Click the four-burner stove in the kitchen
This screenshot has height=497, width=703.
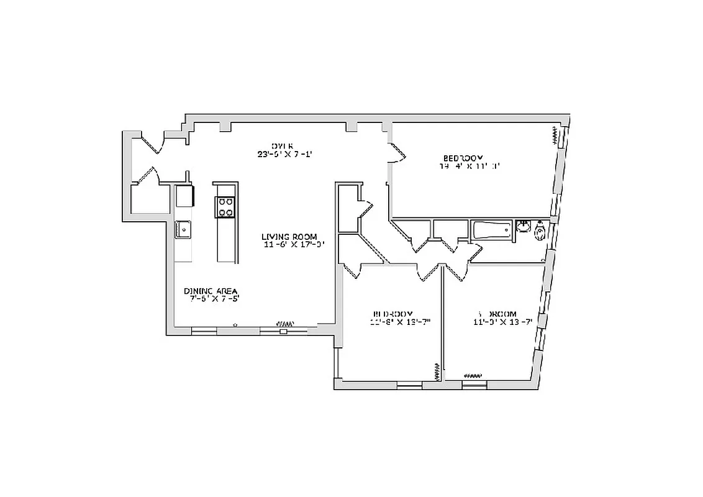[x=225, y=207]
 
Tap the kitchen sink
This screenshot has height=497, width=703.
[x=184, y=230]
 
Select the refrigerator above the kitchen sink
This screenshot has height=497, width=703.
[x=184, y=196]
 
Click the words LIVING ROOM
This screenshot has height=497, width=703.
[x=289, y=237]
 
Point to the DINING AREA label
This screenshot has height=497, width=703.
[x=211, y=291]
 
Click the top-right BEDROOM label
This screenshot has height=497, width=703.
[x=463, y=158]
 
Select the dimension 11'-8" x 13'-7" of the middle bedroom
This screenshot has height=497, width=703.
[x=400, y=322]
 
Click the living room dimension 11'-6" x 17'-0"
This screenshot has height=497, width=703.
[x=293, y=245]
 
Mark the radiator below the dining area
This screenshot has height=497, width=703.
[x=284, y=324]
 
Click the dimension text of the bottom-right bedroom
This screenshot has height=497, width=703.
[x=502, y=322]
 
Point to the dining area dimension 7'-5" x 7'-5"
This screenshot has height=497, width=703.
[x=214, y=299]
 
